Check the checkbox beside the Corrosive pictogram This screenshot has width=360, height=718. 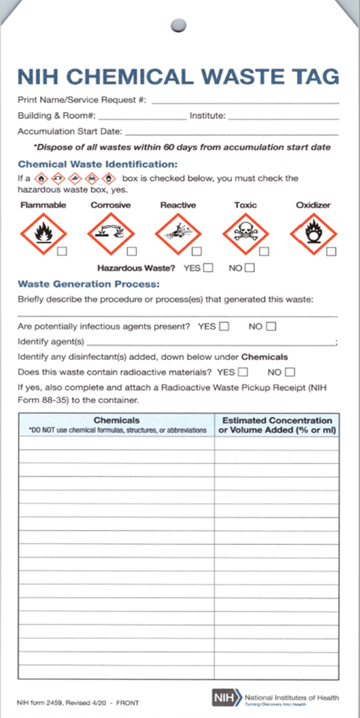tap(131, 251)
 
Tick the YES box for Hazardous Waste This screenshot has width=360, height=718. tap(208, 268)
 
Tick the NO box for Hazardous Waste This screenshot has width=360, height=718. tap(249, 268)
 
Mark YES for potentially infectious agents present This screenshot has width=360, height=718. tap(224, 327)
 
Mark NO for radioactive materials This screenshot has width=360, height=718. tap(290, 372)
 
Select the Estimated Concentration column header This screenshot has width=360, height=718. tap(277, 425)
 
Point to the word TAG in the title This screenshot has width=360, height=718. tap(314, 76)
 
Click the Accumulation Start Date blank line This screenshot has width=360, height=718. tap(231, 133)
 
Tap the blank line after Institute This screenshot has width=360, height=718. tap(283, 118)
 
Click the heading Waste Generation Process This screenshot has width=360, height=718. tap(88, 284)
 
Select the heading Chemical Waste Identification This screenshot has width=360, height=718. tap(97, 164)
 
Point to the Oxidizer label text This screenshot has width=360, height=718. tap(313, 205)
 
